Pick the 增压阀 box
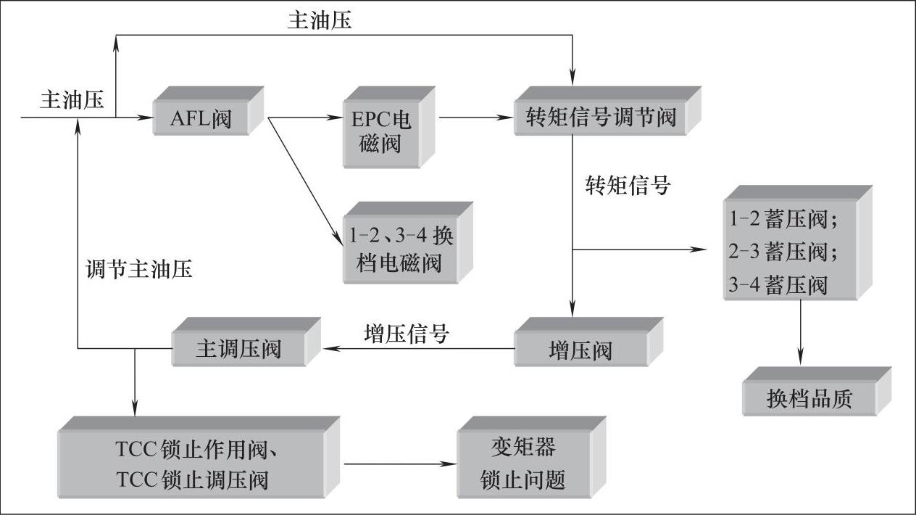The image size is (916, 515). click(580, 350)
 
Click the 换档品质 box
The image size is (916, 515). click(809, 398)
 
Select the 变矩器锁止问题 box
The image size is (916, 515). click(522, 464)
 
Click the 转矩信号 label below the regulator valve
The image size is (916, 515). click(628, 186)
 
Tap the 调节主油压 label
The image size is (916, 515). click(138, 270)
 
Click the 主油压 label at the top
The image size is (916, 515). click(320, 20)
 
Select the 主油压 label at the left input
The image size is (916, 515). click(72, 100)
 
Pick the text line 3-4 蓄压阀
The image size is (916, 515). click(778, 285)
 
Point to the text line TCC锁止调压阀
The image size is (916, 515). click(191, 479)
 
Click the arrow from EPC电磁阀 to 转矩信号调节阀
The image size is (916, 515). click(475, 117)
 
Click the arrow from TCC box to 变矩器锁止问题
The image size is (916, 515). click(399, 464)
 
